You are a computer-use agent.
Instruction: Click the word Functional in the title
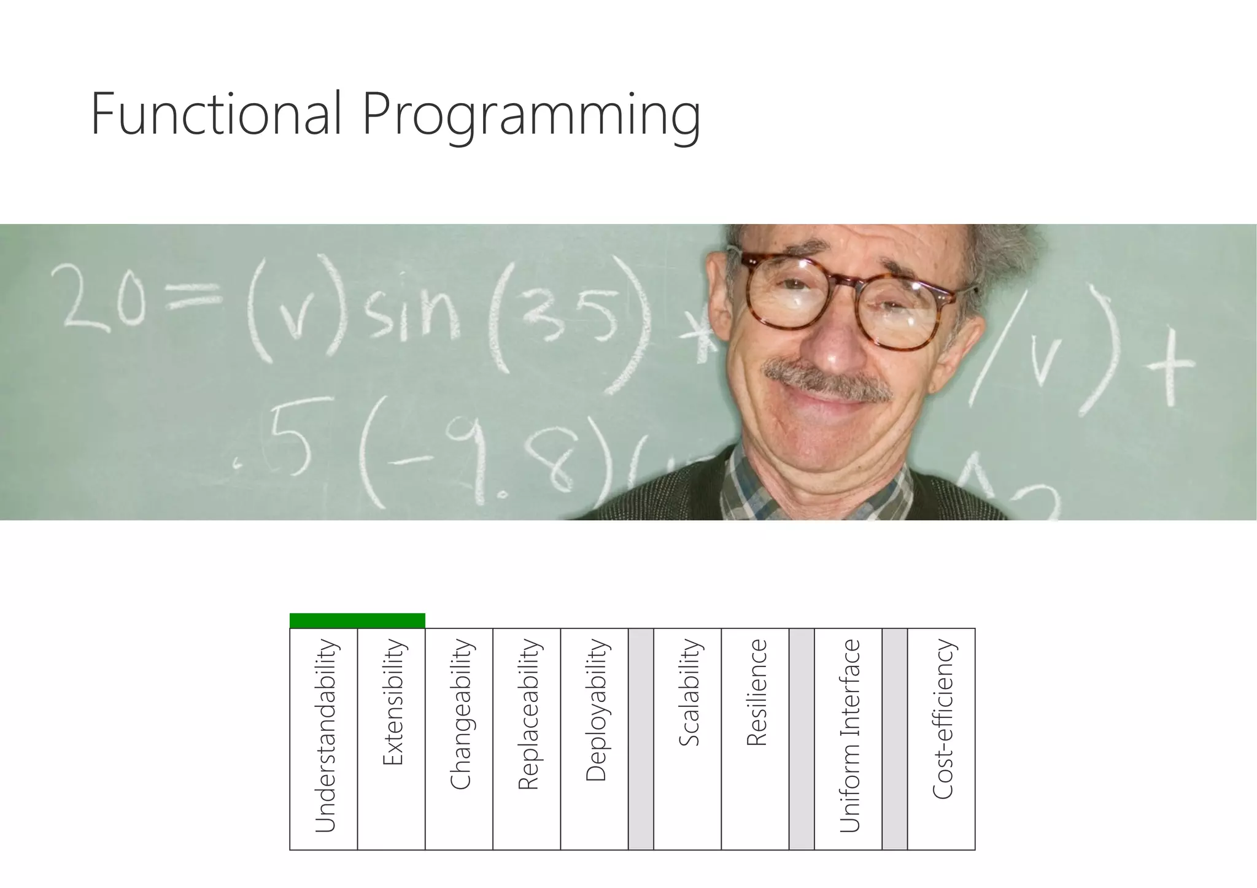215,114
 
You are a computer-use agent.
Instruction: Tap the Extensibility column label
392,702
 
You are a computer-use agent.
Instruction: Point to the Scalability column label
689,692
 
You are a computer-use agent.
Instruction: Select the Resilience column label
756,692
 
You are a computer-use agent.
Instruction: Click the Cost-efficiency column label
942,719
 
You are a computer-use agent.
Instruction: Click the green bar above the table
357,620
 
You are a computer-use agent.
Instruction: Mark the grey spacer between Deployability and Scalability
641,739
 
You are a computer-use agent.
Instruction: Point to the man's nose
841,347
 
